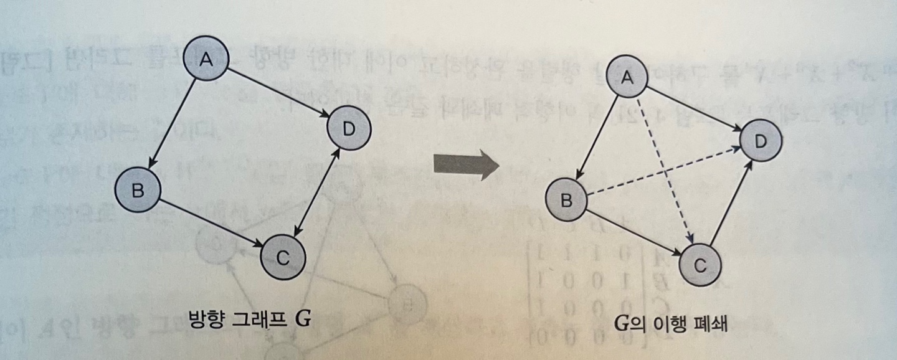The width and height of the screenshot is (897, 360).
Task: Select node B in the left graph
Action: [138, 190]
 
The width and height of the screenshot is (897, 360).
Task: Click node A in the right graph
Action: [628, 77]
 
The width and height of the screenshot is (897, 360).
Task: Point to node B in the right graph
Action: [567, 200]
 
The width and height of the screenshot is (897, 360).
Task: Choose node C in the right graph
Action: [700, 267]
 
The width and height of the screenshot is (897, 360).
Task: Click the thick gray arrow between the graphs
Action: [467, 166]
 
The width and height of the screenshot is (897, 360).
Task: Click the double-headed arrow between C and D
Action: [316, 193]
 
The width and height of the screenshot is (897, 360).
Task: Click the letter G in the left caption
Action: [303, 319]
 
